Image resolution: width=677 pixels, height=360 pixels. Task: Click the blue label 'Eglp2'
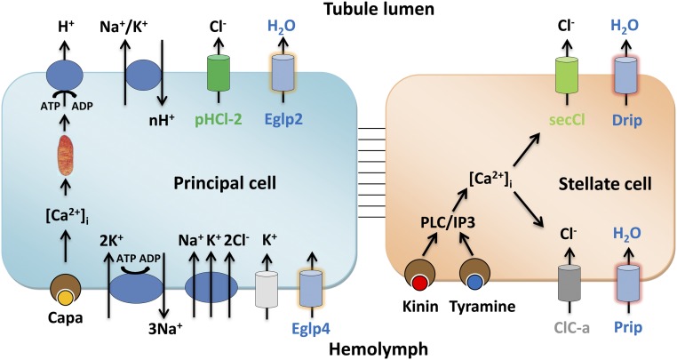pos(283,112)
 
